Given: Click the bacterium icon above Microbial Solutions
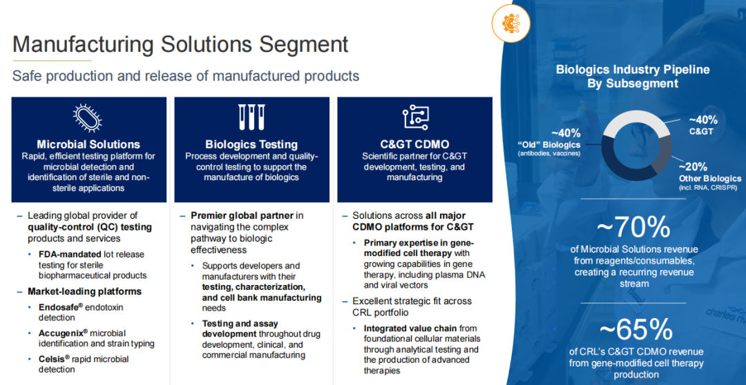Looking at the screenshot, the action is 88,119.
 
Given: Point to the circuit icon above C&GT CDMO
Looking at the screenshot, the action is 415,117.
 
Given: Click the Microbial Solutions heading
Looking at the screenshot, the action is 89,144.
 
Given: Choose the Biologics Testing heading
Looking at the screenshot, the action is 251,144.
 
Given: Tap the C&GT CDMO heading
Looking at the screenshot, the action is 415,144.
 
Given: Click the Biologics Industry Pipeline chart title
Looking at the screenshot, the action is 633,76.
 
